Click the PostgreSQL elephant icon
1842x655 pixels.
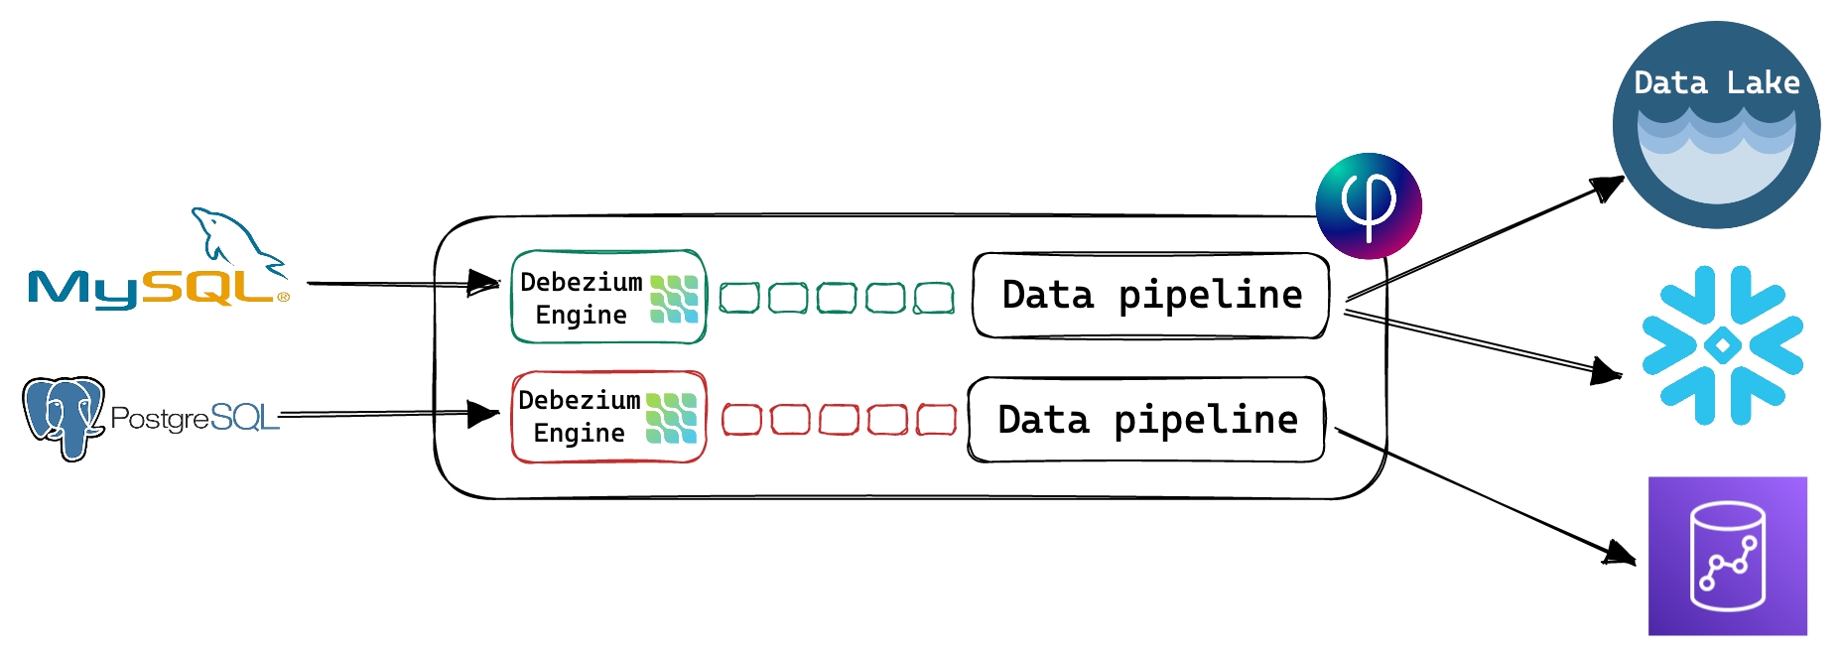pos(64,417)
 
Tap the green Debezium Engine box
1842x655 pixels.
pos(607,297)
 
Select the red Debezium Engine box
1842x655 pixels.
pos(607,417)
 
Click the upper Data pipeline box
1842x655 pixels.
pos(1150,296)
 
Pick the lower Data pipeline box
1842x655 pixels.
pos(1146,420)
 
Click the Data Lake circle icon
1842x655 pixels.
pos(1716,125)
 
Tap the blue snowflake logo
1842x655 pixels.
pos(1722,345)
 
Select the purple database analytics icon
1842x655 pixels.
pos(1727,556)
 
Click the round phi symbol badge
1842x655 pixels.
pos(1369,205)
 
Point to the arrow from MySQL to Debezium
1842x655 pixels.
pos(397,284)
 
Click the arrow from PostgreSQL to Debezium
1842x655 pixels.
pos(387,414)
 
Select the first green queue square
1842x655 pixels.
pos(739,298)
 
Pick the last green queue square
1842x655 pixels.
pos(934,298)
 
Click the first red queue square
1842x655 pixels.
pos(741,420)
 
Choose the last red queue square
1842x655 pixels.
pos(936,420)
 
